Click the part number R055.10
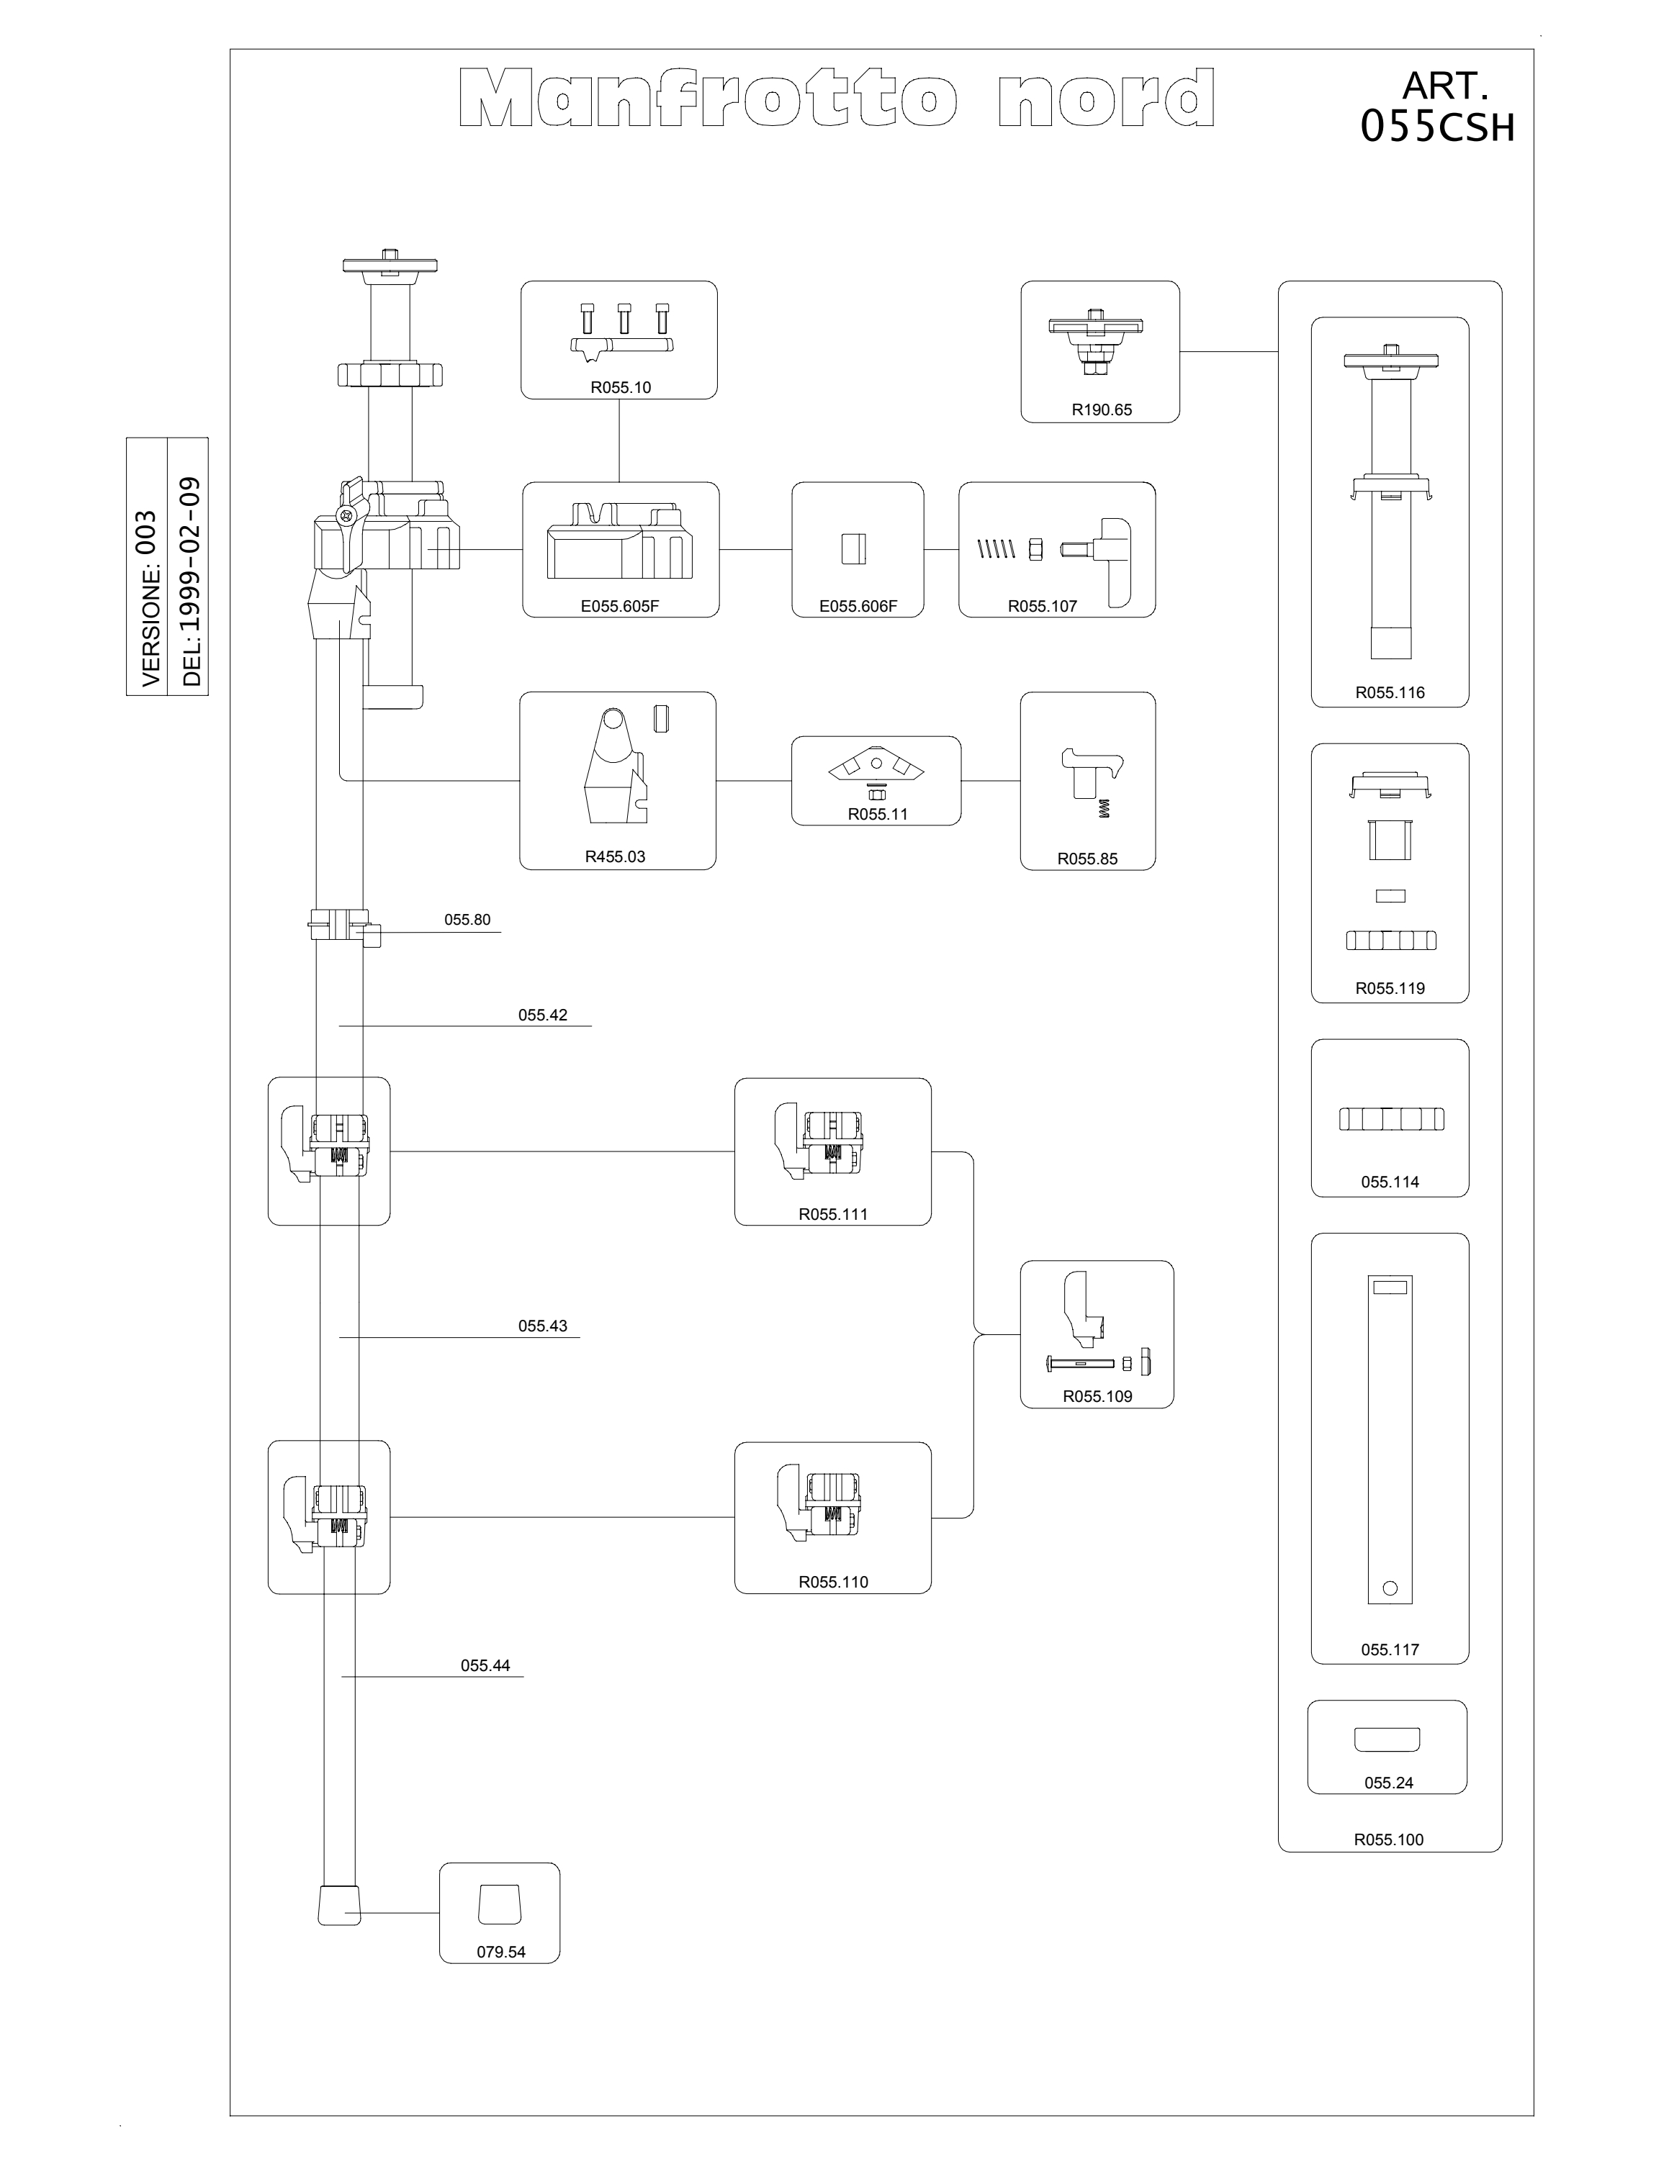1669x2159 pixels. point(620,387)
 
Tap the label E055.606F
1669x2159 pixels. point(858,607)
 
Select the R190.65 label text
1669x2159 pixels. point(1102,410)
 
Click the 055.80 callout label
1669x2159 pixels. point(467,919)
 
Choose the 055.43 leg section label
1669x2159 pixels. point(543,1326)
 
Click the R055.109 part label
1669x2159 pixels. point(1097,1397)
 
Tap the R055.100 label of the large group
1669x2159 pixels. point(1388,1839)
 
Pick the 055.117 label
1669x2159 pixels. point(1389,1650)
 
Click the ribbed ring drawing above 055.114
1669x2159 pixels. point(1391,1119)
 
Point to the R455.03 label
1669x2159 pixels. point(615,857)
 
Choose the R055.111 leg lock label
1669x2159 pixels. point(832,1215)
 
